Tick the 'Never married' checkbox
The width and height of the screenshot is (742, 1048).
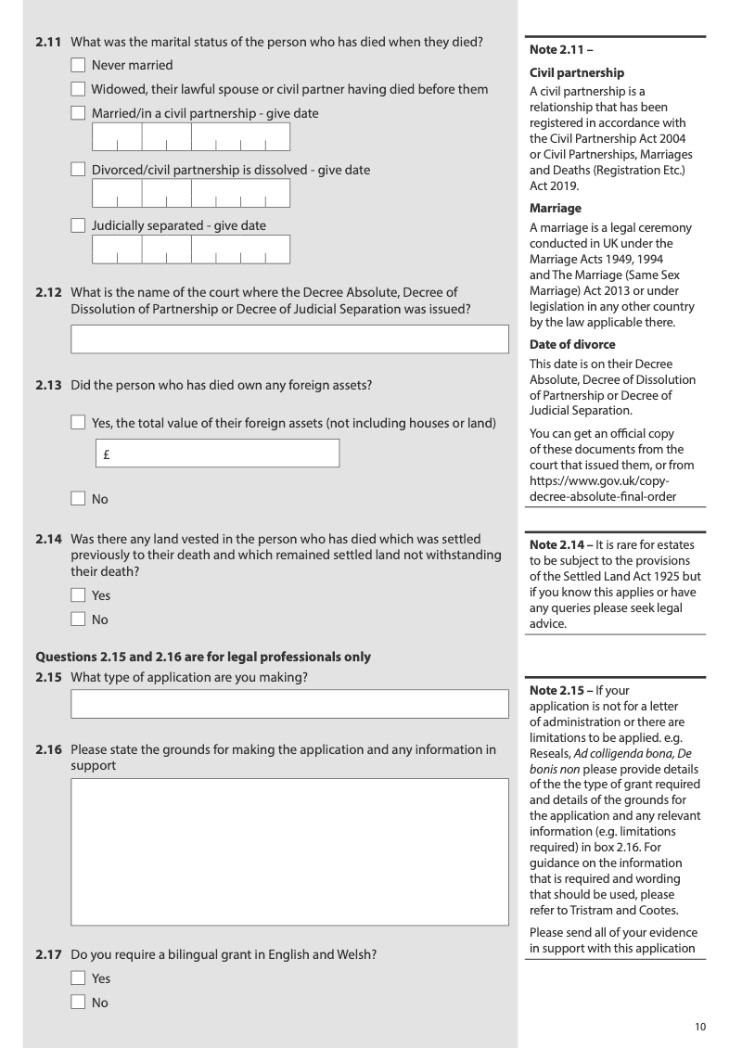(79, 66)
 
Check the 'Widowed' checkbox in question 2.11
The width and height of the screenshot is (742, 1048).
(79, 90)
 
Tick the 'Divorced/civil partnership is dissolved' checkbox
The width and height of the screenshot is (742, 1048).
(79, 171)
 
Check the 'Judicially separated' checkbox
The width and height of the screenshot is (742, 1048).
(79, 226)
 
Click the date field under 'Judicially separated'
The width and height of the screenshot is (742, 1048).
(190, 249)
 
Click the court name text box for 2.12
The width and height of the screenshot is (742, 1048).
(290, 339)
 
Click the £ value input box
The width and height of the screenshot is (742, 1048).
(218, 454)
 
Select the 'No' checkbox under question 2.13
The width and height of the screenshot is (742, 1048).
(79, 499)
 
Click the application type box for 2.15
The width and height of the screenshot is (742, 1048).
(290, 703)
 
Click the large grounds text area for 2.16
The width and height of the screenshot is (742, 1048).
(290, 851)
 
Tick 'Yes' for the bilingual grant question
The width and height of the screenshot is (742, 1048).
(79, 978)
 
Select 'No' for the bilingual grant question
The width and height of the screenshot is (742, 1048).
(79, 1003)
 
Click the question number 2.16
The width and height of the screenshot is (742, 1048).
(47, 749)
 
